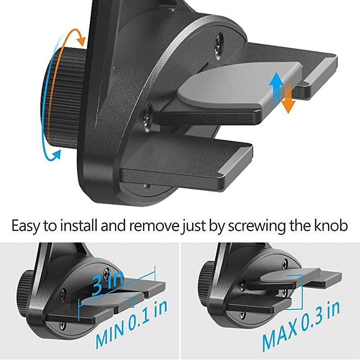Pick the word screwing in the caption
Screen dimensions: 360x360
click(x=260, y=225)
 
